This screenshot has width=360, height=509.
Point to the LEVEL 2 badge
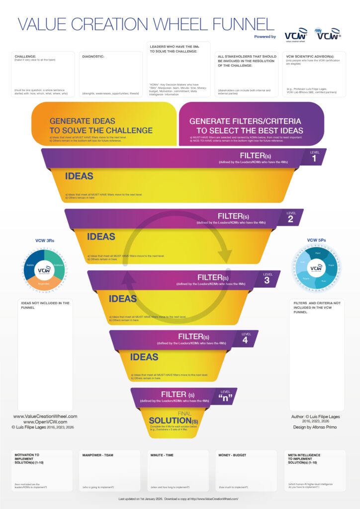[291, 217]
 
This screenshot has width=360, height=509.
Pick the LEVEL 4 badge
[246, 339]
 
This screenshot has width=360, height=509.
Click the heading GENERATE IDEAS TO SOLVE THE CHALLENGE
[101, 126]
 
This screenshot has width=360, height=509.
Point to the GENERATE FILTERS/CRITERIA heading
[246, 126]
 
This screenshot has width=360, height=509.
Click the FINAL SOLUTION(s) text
[170, 419]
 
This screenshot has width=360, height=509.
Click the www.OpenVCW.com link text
[45, 422]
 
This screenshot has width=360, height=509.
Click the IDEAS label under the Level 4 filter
[144, 357]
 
